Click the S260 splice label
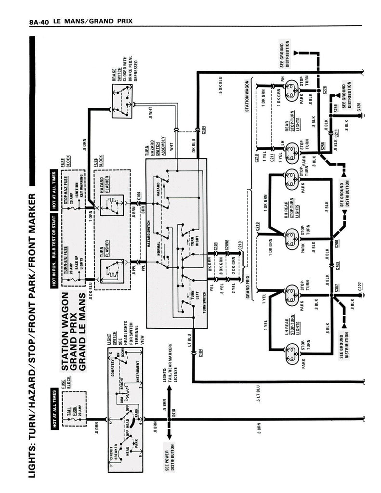[x=337, y=243]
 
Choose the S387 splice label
[x=337, y=287]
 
